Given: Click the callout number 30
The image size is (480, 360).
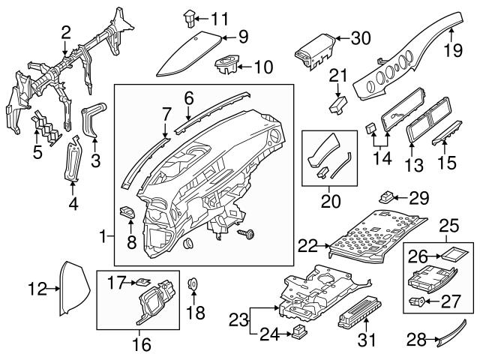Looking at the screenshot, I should (361, 38).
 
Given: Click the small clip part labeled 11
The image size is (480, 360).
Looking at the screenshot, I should (189, 15).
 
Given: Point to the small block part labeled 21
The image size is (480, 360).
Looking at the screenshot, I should (339, 103).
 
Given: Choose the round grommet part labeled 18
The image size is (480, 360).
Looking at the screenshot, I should (192, 284).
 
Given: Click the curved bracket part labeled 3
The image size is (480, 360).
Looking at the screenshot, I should (91, 120).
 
